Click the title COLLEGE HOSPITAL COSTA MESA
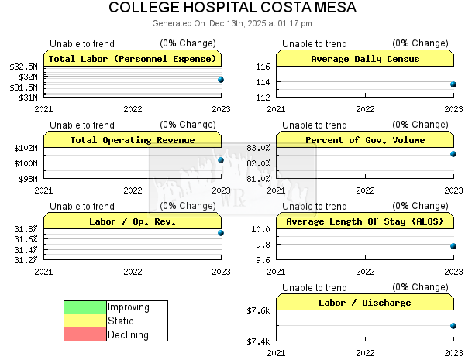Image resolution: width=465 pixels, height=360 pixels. (x=232, y=9)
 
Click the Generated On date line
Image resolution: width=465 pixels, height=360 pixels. (x=232, y=23)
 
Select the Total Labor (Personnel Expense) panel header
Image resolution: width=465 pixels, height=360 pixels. (x=132, y=59)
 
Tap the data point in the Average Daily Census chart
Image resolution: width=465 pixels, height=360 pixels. (x=453, y=84)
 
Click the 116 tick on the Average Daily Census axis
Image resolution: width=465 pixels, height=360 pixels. (x=262, y=67)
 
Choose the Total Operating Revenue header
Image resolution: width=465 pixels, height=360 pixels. (x=132, y=140)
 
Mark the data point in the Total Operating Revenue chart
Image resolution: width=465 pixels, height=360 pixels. (x=221, y=160)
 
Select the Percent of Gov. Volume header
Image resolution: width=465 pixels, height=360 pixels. (x=364, y=140)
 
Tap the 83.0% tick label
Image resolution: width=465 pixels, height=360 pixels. (x=258, y=148)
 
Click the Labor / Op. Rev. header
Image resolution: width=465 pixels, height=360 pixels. (x=132, y=221)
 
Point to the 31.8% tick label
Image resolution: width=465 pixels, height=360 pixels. (x=27, y=229)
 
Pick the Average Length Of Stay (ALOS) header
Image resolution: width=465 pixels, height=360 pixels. (x=364, y=221)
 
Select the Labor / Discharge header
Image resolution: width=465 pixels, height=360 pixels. (x=364, y=303)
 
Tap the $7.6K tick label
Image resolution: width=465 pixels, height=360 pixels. (x=258, y=311)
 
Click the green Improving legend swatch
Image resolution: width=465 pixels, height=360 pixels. (x=85, y=307)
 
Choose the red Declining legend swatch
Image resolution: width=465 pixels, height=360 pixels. (x=85, y=335)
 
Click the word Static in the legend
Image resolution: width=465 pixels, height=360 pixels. (x=121, y=321)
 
